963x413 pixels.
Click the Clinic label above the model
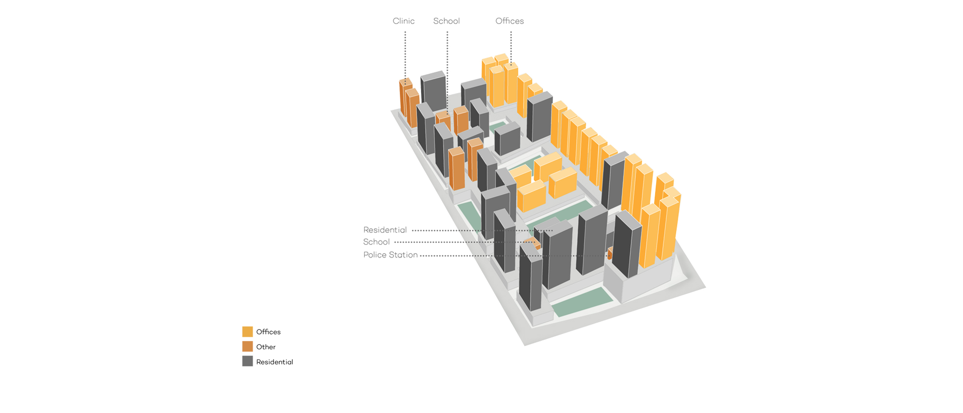pyautogui.click(x=403, y=21)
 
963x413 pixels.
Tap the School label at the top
pyautogui.click(x=446, y=21)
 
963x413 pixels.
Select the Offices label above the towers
pyautogui.click(x=509, y=21)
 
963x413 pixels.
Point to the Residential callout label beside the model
pyautogui.click(x=385, y=230)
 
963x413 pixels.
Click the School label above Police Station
pyautogui.click(x=376, y=242)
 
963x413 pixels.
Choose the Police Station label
pyautogui.click(x=390, y=255)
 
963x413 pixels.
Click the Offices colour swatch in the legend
pyautogui.click(x=248, y=332)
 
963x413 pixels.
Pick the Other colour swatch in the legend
pyautogui.click(x=248, y=346)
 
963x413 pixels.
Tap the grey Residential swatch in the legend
pyautogui.click(x=248, y=361)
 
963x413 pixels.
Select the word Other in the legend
pyautogui.click(x=266, y=347)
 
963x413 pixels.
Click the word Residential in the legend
pyautogui.click(x=274, y=362)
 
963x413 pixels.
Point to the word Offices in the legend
pyautogui.click(x=268, y=332)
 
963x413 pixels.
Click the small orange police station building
pyautogui.click(x=610, y=253)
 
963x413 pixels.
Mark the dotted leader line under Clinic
pyautogui.click(x=405, y=57)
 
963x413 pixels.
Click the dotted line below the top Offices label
pyautogui.click(x=511, y=48)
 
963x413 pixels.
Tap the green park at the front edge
pyautogui.click(x=582, y=302)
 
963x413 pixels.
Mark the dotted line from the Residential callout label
pyautogui.click(x=482, y=230)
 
